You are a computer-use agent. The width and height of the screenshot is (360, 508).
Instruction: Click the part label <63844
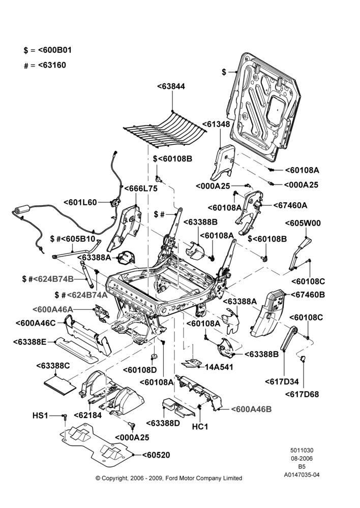click(x=171, y=86)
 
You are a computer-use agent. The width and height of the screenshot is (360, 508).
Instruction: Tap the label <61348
click(x=216, y=124)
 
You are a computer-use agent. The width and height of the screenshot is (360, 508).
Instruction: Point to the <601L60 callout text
click(x=80, y=203)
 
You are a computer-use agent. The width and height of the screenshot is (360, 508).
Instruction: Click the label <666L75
click(x=141, y=188)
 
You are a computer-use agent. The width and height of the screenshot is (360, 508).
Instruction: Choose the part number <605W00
click(x=303, y=223)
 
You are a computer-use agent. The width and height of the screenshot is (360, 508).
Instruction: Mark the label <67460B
click(x=308, y=295)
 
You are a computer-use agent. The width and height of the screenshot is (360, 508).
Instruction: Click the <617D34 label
click(x=282, y=382)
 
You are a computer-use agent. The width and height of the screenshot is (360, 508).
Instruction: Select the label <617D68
click(x=302, y=394)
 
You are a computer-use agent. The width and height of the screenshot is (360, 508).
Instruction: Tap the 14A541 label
click(x=219, y=367)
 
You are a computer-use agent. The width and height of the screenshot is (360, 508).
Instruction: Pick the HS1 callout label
click(x=40, y=416)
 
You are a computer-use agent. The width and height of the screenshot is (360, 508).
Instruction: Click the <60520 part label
click(x=156, y=455)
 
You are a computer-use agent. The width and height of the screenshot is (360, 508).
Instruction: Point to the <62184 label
click(x=88, y=416)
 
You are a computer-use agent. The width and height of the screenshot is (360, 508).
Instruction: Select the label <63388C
click(x=53, y=366)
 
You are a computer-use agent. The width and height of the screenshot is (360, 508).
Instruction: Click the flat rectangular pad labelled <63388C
click(x=61, y=384)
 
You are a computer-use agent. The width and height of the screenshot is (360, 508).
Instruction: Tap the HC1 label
click(x=200, y=427)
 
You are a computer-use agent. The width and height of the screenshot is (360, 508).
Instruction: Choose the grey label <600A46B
click(x=251, y=409)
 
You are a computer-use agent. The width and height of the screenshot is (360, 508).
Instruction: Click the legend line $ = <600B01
click(x=48, y=50)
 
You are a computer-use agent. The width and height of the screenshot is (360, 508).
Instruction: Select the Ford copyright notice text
click(x=169, y=478)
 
